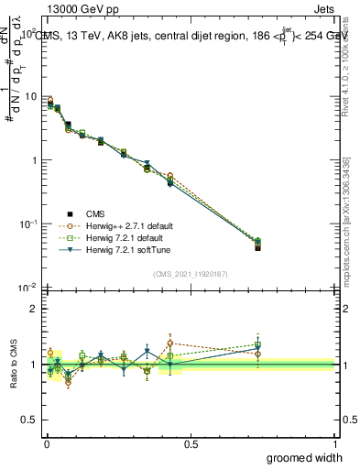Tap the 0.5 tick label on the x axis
point(191,444)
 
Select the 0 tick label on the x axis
point(46,444)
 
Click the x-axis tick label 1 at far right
point(334,444)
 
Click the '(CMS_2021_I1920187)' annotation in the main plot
point(190,273)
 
